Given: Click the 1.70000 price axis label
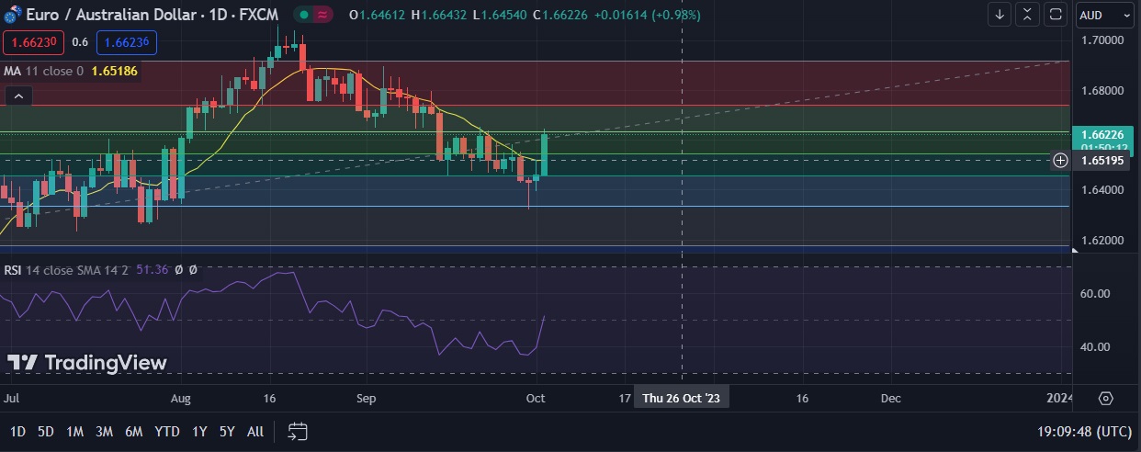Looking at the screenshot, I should (1102, 40).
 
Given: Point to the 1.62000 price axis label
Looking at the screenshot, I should (1102, 241).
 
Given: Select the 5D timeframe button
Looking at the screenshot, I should (46, 432).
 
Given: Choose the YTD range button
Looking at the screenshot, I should (167, 432).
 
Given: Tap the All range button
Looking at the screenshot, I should (255, 432).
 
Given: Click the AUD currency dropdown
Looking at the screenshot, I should (1105, 15).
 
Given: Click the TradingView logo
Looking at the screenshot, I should (87, 363).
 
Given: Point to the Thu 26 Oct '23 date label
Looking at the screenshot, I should (682, 399).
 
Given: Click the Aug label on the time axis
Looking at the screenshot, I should (181, 399).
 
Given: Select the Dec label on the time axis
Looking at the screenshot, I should (890, 399).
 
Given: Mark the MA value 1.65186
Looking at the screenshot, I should (115, 71).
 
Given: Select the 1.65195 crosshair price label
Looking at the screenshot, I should (1102, 161).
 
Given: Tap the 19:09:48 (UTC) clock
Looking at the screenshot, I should (1082, 432).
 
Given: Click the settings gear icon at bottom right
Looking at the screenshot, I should (1105, 399).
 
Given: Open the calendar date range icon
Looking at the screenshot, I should (298, 431).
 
